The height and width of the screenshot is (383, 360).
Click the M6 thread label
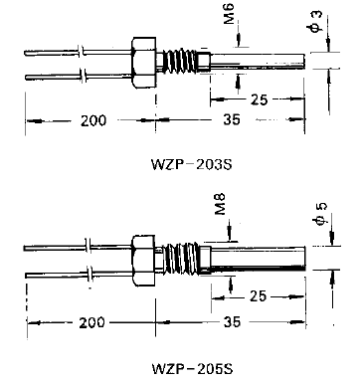click(229, 14)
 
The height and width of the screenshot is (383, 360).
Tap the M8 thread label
click(220, 204)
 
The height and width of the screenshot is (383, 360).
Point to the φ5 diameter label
click(321, 214)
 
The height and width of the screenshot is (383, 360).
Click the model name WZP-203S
click(192, 164)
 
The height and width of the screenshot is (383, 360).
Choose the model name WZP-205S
click(192, 368)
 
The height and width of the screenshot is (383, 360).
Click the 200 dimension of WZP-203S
click(93, 120)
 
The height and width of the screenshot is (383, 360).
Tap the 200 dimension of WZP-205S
click(91, 322)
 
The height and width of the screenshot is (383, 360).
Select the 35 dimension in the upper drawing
click(232, 119)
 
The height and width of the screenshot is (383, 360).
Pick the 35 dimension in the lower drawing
click(232, 321)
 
